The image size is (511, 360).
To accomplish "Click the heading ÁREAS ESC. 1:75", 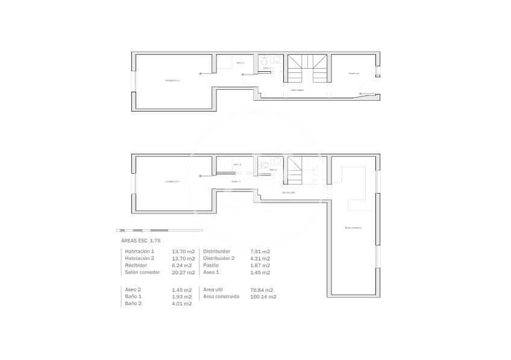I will coord(140,241).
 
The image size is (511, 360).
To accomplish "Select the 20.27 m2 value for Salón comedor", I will coord(183,273).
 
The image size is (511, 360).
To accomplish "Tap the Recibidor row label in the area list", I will coord(136,265).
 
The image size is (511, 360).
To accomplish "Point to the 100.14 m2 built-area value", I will coord(263,297).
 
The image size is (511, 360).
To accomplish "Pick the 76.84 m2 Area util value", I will coord(261,289).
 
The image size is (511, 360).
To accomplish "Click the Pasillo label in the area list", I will coord(211,265).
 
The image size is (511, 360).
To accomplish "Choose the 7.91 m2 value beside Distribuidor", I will coord(260,251).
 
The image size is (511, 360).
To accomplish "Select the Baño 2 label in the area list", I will coord(133,304).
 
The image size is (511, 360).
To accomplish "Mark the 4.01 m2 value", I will coord(182,304).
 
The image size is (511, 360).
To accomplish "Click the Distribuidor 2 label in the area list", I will coord(219,258).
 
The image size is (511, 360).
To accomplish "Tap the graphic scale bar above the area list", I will coord(159,230).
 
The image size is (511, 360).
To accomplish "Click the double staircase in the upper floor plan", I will coord(308,68).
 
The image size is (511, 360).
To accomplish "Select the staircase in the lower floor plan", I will coord(295,172).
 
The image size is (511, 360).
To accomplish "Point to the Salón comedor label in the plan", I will coord(353,228).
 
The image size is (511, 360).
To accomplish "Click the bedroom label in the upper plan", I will coord(173,80).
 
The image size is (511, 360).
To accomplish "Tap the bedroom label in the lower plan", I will coord(173,182).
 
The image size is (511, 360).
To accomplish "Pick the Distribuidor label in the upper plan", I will coord(297,90).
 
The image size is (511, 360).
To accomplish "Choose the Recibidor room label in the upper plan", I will coord(354,74).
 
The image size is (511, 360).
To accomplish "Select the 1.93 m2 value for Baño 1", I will coord(182,297).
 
